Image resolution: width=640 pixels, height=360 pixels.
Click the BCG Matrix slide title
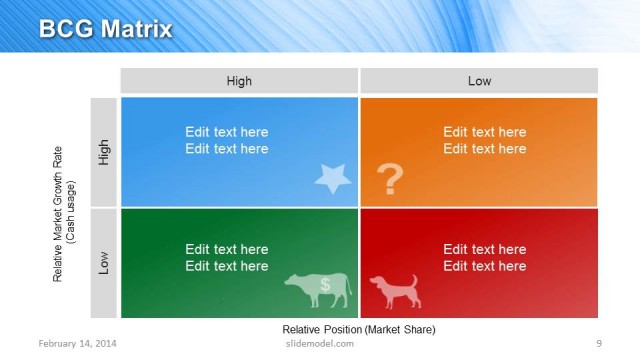pyautogui.click(x=104, y=28)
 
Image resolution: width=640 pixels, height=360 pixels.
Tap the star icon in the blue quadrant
pyautogui.click(x=333, y=179)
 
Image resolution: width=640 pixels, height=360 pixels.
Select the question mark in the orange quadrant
pyautogui.click(x=390, y=180)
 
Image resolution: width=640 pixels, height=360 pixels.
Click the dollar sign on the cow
pyautogui.click(x=325, y=285)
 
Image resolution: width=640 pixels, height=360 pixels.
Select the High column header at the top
pyautogui.click(x=239, y=81)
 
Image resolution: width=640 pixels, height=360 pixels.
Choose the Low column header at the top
pyautogui.click(x=479, y=81)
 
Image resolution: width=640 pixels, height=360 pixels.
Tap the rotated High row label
pyautogui.click(x=104, y=152)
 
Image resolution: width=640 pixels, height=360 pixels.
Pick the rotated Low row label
pyautogui.click(x=104, y=263)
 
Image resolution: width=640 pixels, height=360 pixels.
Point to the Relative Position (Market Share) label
pyautogui.click(x=359, y=329)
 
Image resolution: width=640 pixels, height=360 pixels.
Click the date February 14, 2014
pyautogui.click(x=77, y=344)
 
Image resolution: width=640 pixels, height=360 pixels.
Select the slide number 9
pyautogui.click(x=598, y=344)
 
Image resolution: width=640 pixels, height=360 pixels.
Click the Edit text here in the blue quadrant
pyautogui.click(x=227, y=140)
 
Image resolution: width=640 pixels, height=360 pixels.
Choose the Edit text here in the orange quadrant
pyautogui.click(x=485, y=140)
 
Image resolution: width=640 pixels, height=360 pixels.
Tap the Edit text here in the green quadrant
pyautogui.click(x=227, y=257)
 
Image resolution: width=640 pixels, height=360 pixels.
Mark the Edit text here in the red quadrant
pyautogui.click(x=485, y=257)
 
